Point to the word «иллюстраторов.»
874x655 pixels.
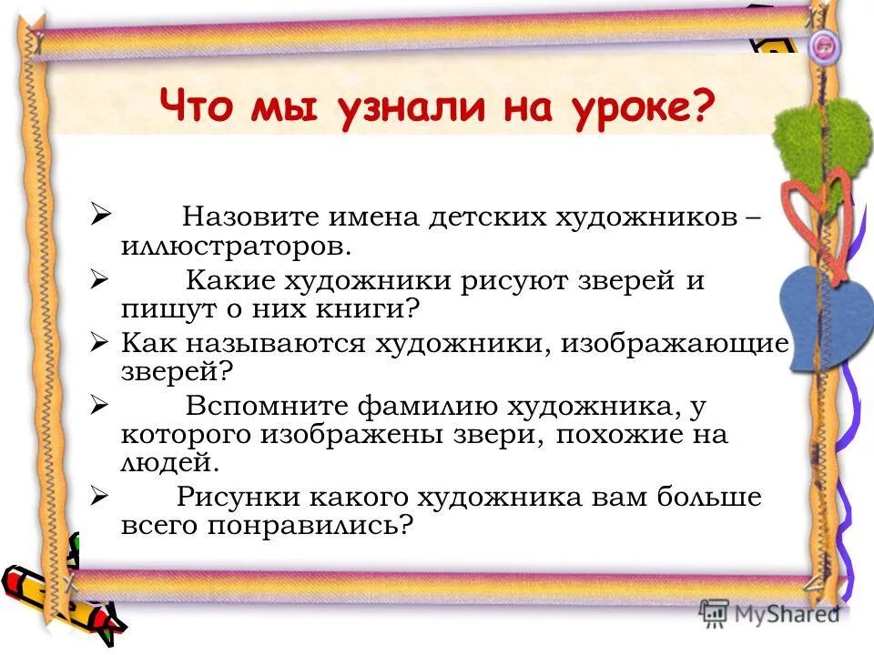pos(234,246)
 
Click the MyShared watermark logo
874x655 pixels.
pos(769,614)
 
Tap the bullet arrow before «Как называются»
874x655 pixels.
pos(101,344)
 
